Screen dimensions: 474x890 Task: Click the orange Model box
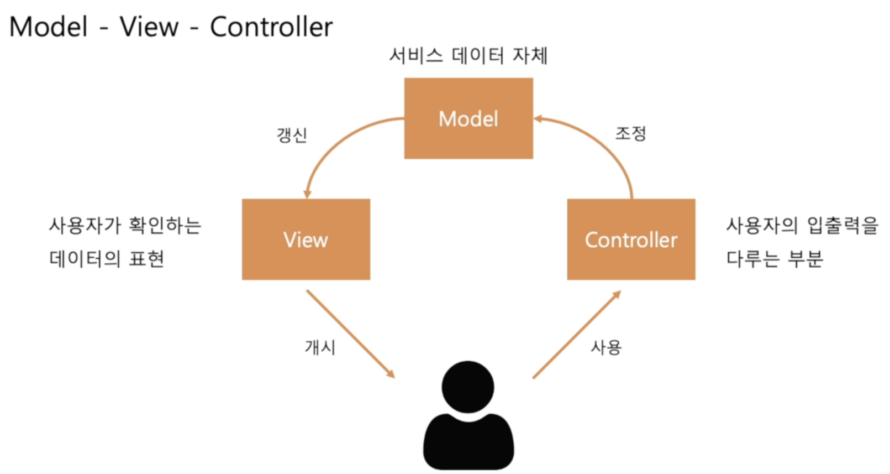click(x=468, y=118)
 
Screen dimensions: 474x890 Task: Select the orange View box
click(x=306, y=239)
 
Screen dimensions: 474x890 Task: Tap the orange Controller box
click(x=631, y=239)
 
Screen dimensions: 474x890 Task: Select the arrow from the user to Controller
click(x=577, y=335)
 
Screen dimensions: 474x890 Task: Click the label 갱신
click(x=292, y=135)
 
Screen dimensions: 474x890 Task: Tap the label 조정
click(x=630, y=133)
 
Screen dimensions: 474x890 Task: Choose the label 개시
click(x=320, y=347)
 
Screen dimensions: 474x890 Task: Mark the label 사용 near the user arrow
click(x=606, y=347)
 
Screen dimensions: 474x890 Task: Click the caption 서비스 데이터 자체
click(x=468, y=55)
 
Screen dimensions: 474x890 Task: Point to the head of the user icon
click(x=468, y=387)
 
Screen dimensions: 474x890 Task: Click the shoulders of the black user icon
click(x=468, y=442)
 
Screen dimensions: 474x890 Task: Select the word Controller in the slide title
click(x=271, y=27)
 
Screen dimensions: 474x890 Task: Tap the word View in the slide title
click(x=149, y=27)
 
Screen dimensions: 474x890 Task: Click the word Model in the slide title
click(x=49, y=27)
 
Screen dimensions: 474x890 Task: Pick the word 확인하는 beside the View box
click(x=165, y=225)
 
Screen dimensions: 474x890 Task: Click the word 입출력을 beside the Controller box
click(x=842, y=225)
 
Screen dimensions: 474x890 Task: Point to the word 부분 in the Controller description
click(x=805, y=258)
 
